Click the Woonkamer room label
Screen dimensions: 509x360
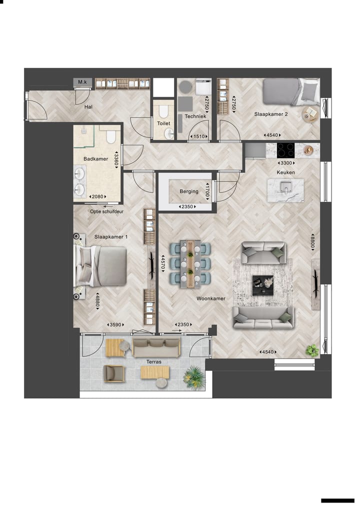[210, 298]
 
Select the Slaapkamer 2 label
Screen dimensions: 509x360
[271, 114]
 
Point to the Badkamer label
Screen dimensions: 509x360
[96, 158]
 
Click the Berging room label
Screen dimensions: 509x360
[189, 191]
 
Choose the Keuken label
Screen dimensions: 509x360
[286, 172]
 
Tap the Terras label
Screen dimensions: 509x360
[154, 361]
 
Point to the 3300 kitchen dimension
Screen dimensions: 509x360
[286, 163]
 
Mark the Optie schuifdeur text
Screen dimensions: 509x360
[106, 211]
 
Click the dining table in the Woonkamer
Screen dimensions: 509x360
[190, 263]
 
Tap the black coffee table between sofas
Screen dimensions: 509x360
[262, 284]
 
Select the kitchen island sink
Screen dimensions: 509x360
[285, 188]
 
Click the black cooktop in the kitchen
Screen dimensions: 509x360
[286, 149]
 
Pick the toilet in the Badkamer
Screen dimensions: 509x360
[110, 136]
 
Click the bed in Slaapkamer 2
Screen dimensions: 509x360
[290, 91]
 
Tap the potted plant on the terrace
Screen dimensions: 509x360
[194, 377]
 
